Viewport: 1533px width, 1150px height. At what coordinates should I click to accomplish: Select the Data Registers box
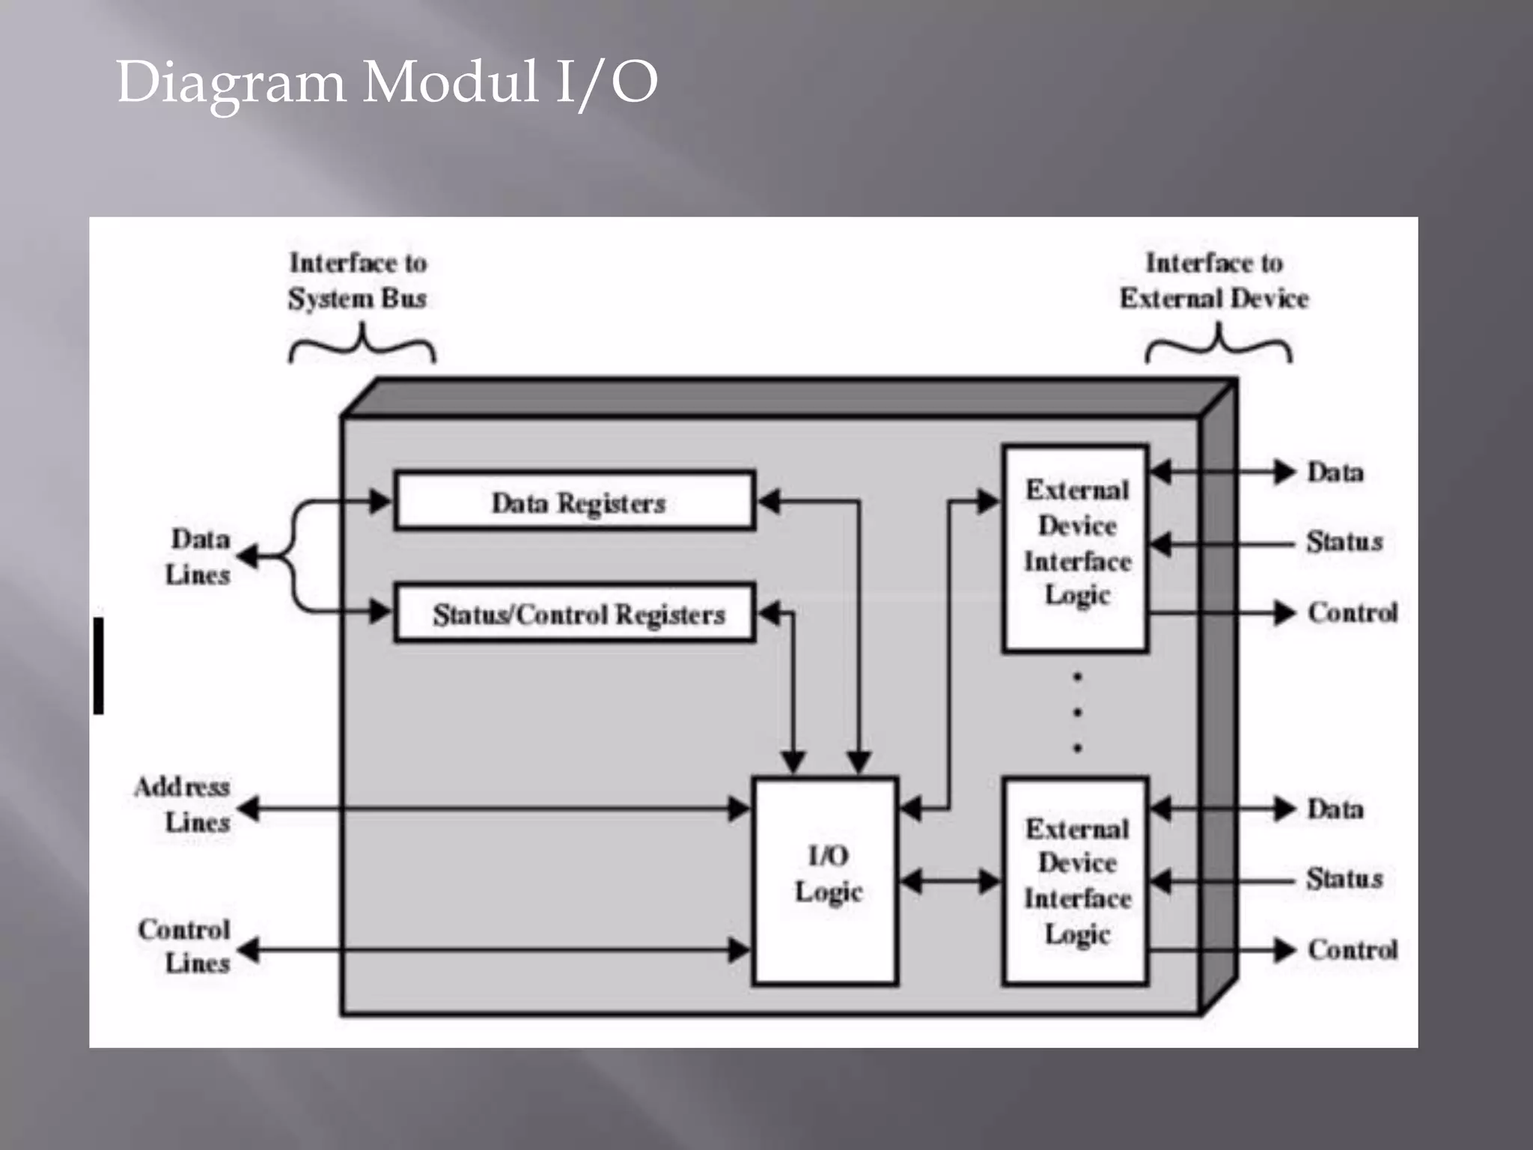(x=575, y=501)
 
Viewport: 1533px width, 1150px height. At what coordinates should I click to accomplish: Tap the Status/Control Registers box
(x=575, y=613)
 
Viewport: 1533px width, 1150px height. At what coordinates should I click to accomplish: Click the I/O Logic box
(x=826, y=880)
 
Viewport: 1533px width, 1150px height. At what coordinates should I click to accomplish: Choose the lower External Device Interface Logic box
(x=1076, y=880)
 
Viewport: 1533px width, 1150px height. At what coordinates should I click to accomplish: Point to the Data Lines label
(x=198, y=556)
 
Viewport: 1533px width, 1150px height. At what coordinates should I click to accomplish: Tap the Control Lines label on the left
(x=186, y=945)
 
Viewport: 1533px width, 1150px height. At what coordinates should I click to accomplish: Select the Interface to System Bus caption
(x=358, y=280)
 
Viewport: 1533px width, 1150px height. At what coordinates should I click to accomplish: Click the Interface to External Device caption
(x=1213, y=280)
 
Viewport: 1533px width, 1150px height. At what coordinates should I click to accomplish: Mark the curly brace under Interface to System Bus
(x=362, y=344)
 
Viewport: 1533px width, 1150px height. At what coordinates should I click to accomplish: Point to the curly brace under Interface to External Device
(x=1218, y=344)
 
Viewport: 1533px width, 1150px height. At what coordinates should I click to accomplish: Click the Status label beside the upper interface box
(x=1344, y=541)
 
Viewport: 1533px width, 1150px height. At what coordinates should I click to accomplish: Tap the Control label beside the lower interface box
(x=1352, y=949)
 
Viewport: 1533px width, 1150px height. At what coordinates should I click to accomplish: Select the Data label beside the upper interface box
(x=1335, y=472)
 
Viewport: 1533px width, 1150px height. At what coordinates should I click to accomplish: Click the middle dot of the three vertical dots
(x=1077, y=711)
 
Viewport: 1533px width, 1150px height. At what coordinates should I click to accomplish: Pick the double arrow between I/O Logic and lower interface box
(x=950, y=881)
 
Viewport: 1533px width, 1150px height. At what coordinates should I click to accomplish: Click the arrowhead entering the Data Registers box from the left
(x=380, y=501)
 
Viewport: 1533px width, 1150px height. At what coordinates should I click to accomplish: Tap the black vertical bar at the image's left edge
(x=98, y=666)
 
